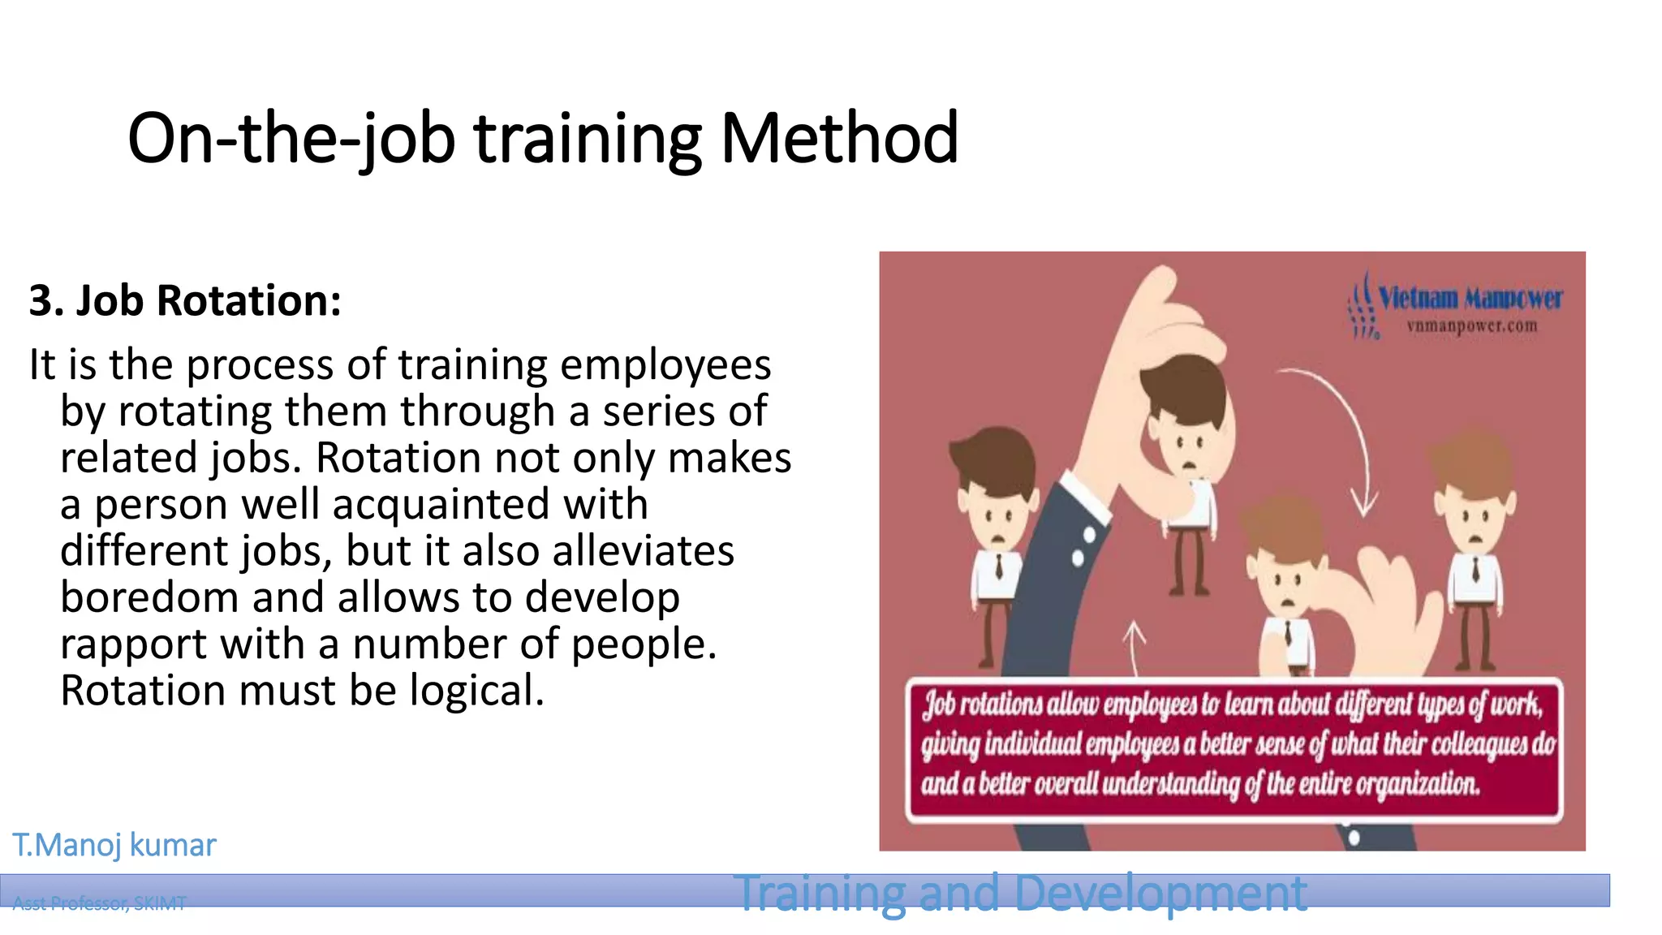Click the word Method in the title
[839, 138]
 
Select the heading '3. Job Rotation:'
[185, 300]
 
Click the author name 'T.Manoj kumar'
[114, 845]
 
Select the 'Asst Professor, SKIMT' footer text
[99, 903]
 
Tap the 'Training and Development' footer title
[1020, 893]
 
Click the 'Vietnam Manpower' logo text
[1470, 298]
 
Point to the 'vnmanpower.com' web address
[1472, 326]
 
